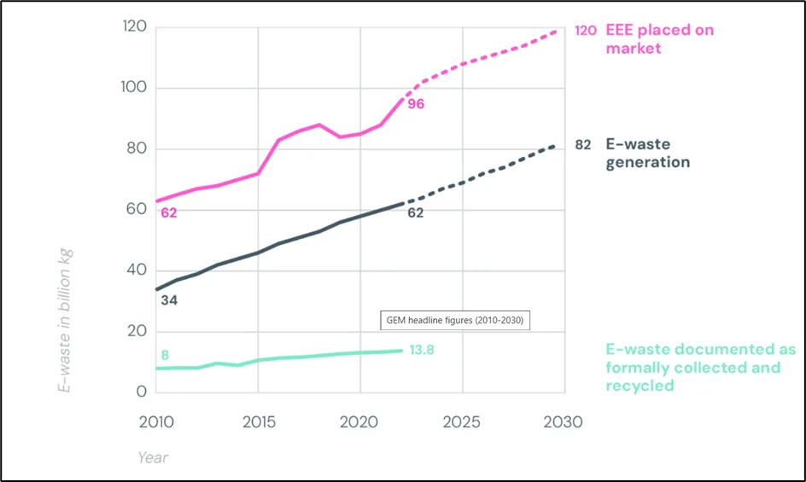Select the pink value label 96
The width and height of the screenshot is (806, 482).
click(415, 104)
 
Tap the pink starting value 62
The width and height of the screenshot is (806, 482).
click(168, 212)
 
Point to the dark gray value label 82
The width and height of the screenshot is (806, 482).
click(582, 145)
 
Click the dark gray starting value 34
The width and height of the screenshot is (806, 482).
click(168, 300)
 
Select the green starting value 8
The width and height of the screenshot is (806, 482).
click(165, 355)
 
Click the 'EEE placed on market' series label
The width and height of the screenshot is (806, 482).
click(658, 39)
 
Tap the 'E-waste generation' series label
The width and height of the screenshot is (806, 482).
click(648, 154)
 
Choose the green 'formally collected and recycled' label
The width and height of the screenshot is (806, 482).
click(700, 368)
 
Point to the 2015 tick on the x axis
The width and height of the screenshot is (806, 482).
click(258, 422)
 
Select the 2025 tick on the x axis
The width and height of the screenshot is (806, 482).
click(462, 422)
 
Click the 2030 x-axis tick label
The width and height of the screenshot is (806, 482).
click(563, 422)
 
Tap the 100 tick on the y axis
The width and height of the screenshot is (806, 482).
click(132, 88)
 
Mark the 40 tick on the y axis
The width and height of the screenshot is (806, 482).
click(134, 270)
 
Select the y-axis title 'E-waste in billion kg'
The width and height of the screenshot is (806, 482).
click(65, 320)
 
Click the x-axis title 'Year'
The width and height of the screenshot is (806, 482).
click(153, 458)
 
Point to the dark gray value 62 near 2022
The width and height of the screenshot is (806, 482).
click(415, 212)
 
